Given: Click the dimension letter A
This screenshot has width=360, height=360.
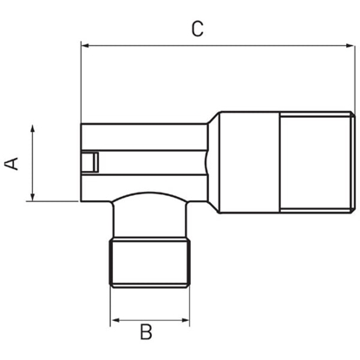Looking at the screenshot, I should (x=12, y=163).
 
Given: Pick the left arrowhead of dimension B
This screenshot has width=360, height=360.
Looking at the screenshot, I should (x=114, y=321).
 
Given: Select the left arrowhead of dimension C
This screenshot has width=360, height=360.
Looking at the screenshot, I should (x=85, y=44).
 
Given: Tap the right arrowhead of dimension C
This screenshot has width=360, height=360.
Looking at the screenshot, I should (x=350, y=44).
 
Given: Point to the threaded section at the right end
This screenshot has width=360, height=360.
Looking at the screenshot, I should (x=318, y=161).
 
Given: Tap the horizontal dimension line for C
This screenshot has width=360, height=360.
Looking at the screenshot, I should (x=217, y=44).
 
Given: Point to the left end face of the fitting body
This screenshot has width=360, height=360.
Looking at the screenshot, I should (x=81, y=162).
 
